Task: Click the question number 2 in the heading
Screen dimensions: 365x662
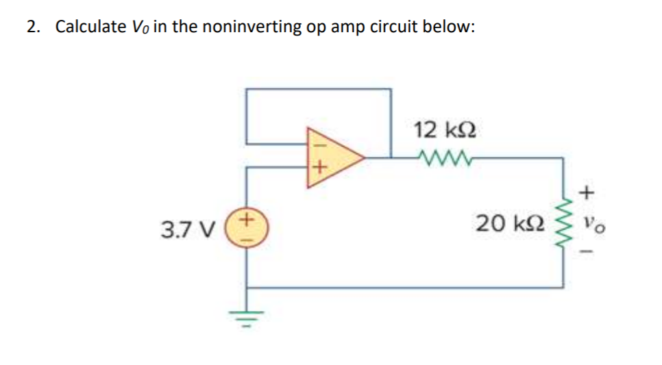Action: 32,27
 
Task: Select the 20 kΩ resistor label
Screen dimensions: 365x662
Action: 504,223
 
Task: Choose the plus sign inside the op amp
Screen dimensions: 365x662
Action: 317,167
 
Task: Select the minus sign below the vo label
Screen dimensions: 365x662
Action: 587,251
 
